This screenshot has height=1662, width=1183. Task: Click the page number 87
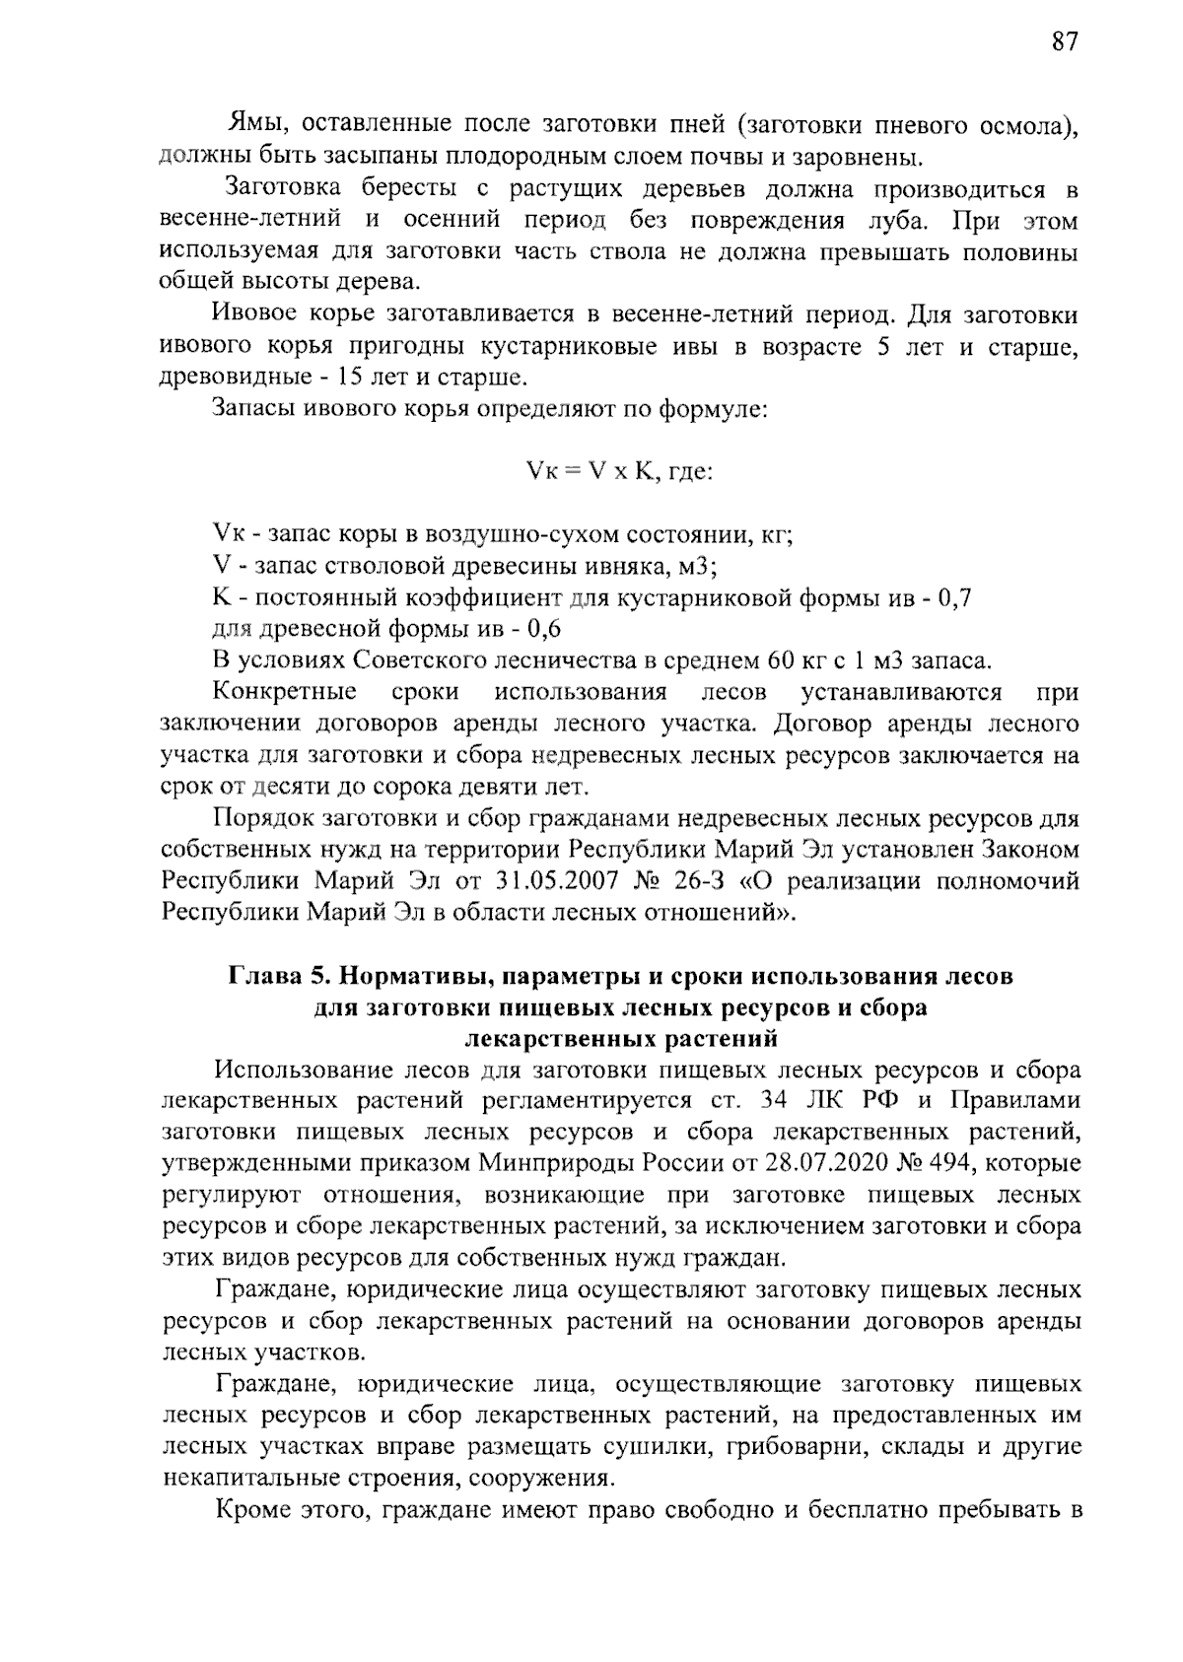point(1065,41)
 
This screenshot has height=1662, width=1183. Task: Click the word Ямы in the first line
point(256,124)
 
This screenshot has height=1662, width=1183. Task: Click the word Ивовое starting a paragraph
point(256,315)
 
